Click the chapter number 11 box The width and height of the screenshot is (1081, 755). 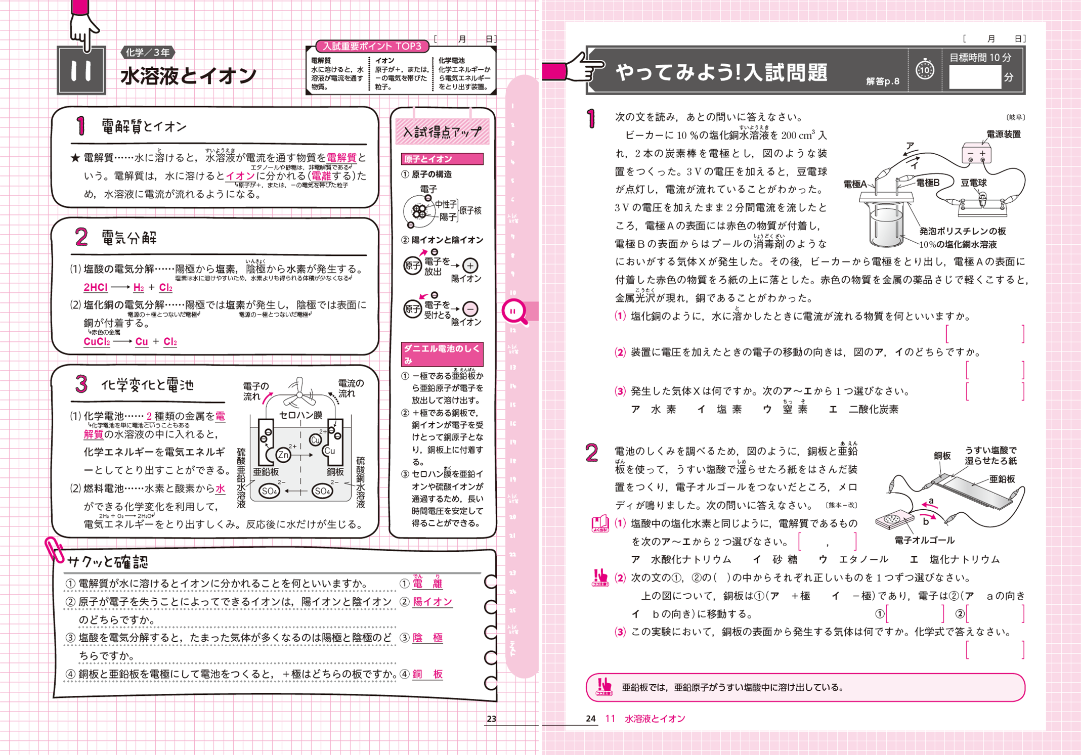[81, 70]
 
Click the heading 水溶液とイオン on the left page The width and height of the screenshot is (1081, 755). [188, 76]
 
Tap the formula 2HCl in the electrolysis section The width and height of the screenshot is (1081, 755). [95, 287]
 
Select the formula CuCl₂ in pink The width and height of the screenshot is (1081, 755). [96, 342]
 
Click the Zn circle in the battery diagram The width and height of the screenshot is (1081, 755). [283, 455]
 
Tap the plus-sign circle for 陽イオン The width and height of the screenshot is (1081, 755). [470, 265]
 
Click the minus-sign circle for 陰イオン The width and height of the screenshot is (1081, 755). [470, 308]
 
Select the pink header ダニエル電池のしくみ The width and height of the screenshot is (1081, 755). [442, 353]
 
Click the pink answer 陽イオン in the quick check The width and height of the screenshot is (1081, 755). [433, 602]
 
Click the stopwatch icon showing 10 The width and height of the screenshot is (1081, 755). [925, 70]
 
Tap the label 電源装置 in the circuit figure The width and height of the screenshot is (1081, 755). [1003, 135]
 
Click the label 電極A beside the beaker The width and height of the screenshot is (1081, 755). [854, 184]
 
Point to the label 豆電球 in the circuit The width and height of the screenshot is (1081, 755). [973, 183]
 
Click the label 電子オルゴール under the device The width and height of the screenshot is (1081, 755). [924, 540]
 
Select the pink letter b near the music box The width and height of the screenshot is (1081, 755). [926, 521]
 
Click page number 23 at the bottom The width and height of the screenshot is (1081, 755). [491, 719]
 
